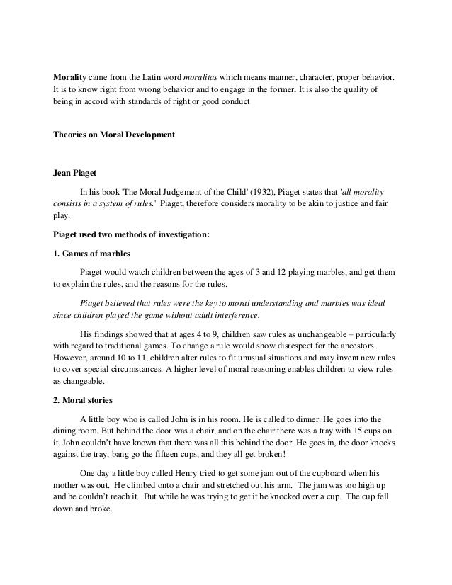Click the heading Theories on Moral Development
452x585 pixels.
(x=114, y=133)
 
